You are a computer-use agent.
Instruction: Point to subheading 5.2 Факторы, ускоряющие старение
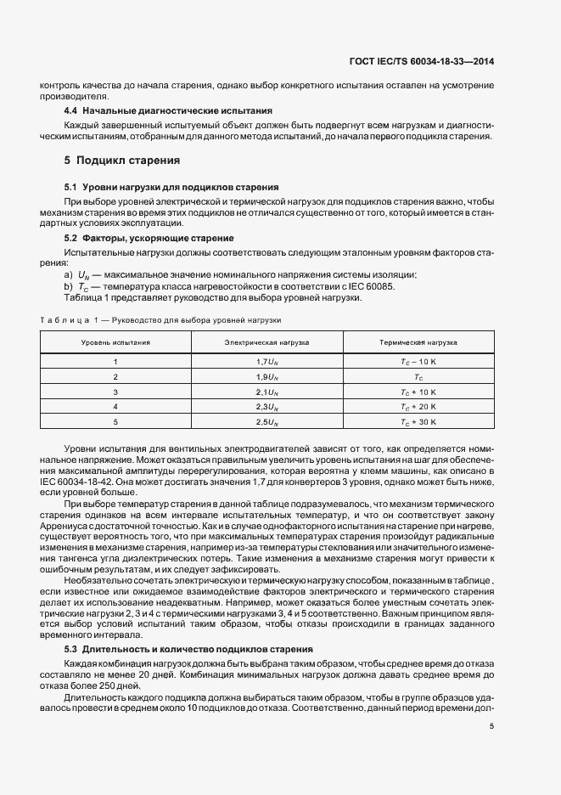pos(149,237)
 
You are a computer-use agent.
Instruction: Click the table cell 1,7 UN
pos(266,361)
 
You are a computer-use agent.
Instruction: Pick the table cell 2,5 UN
pos(266,421)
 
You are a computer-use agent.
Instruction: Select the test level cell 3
pos(115,391)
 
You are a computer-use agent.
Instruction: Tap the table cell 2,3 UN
pos(266,406)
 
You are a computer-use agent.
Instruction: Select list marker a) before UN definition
pos(69,276)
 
